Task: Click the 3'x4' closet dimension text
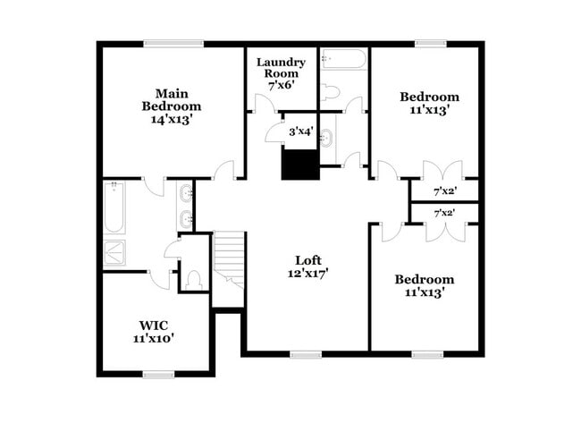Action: [299, 132]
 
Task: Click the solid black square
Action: [300, 165]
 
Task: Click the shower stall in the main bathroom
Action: [116, 254]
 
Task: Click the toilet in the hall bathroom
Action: [330, 90]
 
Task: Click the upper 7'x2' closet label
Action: [444, 191]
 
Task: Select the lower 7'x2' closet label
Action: [444, 213]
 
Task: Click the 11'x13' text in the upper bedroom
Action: [429, 111]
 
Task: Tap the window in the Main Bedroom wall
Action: [173, 43]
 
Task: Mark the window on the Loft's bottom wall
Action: [306, 354]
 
